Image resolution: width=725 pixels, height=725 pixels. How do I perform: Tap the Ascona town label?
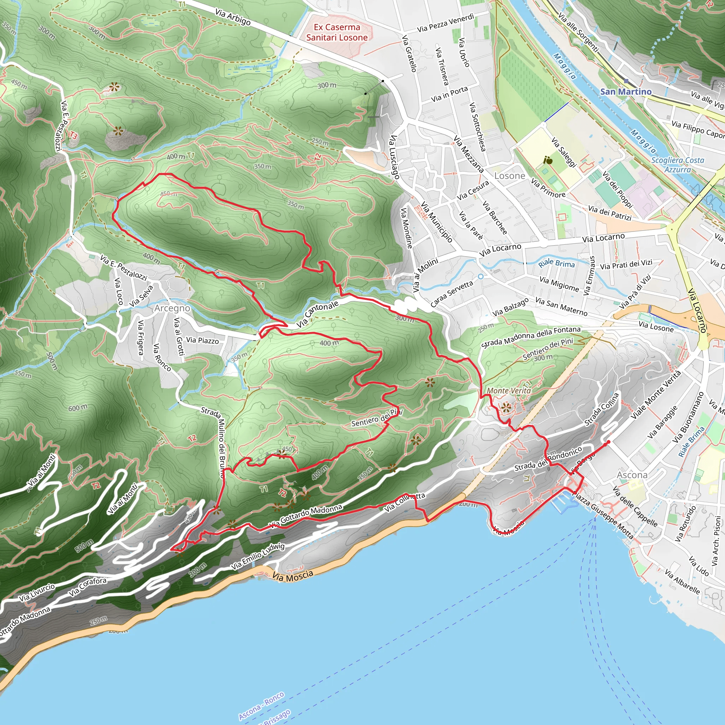[x=632, y=475]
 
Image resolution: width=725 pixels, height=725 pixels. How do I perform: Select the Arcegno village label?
[x=172, y=308]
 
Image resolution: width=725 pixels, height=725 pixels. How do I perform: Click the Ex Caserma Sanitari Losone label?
[x=337, y=32]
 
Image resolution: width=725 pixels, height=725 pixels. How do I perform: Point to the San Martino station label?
[x=626, y=92]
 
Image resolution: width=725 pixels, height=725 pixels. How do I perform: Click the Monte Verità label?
[x=508, y=391]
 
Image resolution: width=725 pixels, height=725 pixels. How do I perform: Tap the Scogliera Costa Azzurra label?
[x=677, y=165]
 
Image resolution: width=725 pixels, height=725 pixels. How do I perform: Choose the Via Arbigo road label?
[x=233, y=17]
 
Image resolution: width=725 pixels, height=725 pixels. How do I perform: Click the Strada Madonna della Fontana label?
[x=531, y=337]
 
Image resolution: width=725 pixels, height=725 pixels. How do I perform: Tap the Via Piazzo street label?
[x=202, y=340]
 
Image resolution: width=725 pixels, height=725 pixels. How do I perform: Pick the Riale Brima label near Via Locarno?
[x=556, y=263]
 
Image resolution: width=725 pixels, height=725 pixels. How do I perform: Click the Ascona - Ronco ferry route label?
[x=261, y=706]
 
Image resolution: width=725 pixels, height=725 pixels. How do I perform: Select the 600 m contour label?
[x=78, y=407]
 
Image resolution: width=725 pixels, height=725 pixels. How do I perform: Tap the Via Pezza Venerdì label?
[x=445, y=23]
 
